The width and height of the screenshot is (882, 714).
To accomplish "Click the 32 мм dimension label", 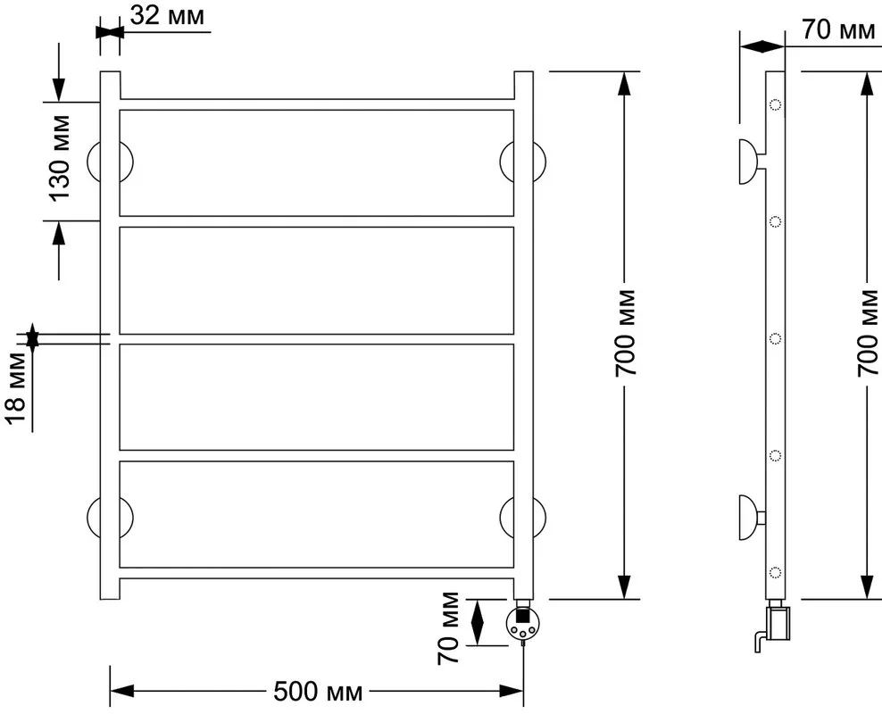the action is coord(168,16).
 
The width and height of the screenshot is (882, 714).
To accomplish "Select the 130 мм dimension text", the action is coord(59,158).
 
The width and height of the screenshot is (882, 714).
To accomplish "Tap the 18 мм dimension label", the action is coord(16,388).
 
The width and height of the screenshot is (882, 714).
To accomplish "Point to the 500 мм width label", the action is coord(318,691).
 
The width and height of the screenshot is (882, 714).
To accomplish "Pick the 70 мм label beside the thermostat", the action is coord(448,628).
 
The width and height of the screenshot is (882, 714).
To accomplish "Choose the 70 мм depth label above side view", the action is coord(838,29).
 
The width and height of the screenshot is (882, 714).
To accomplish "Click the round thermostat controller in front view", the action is coord(523,624).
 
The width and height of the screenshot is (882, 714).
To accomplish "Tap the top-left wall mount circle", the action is coord(111,162).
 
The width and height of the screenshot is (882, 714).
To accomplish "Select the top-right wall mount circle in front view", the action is coord(522,162).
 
